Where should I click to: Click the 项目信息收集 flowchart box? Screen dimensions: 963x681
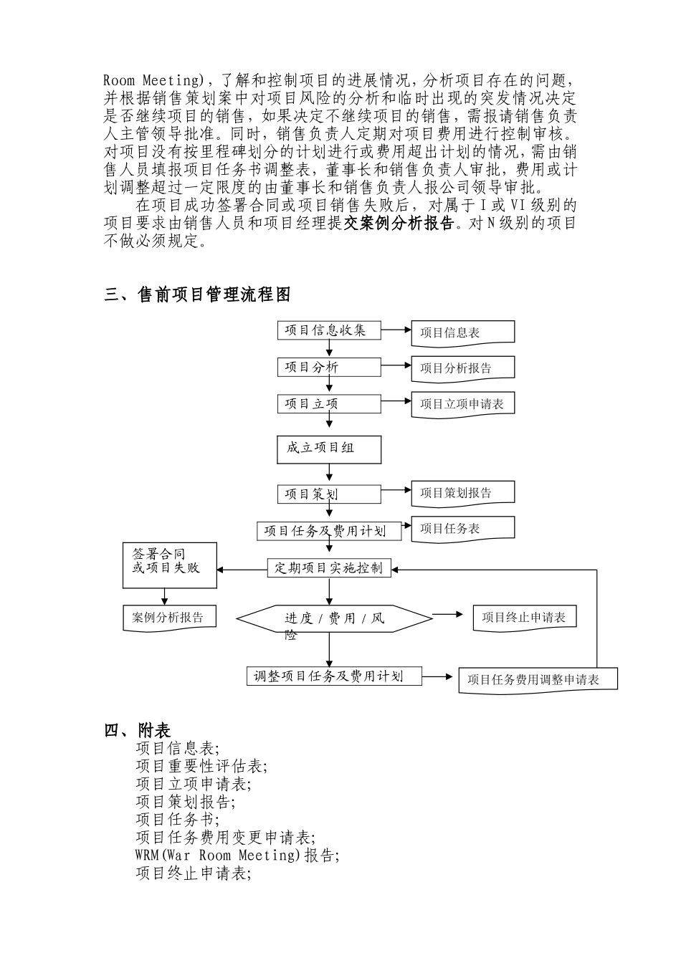click(329, 330)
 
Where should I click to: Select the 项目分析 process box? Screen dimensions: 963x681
click(329, 368)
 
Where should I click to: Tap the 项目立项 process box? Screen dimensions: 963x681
click(329, 404)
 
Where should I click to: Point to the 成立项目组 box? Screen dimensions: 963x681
click(329, 449)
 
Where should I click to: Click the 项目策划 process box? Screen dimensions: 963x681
click(329, 494)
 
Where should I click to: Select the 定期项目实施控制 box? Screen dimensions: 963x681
click(329, 569)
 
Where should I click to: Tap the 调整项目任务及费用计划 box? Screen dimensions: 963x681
click(333, 676)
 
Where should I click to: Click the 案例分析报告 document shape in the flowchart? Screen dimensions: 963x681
click(169, 618)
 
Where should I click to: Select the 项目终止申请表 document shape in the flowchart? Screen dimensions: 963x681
click(524, 618)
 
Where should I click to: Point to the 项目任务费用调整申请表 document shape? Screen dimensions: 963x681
click(538, 679)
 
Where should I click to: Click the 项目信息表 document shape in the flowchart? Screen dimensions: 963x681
click(462, 332)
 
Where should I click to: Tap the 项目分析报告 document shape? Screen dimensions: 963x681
click(462, 368)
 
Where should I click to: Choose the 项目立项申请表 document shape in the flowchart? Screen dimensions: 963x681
click(462, 404)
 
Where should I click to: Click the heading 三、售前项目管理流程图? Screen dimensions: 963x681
click(199, 294)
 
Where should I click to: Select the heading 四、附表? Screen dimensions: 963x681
click(138, 730)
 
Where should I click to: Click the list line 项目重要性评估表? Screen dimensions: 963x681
click(201, 766)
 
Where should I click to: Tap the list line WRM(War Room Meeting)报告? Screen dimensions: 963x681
click(237, 856)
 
